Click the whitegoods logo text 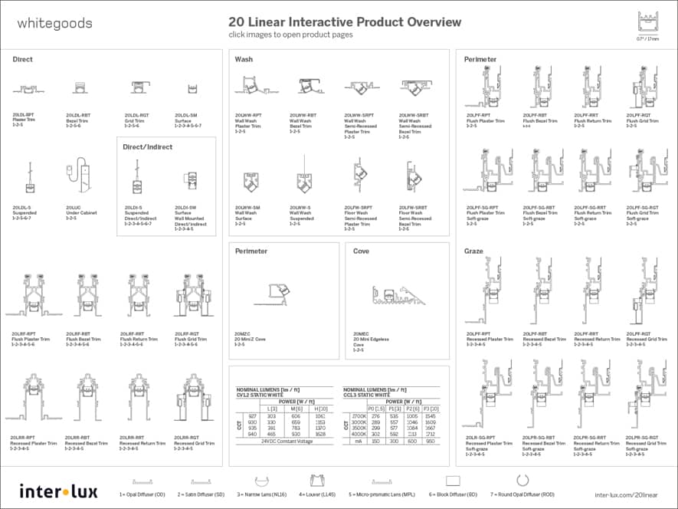(54, 23)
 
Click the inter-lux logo (59, 491)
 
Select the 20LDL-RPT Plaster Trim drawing (28, 89)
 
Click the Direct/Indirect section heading (148, 146)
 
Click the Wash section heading (244, 59)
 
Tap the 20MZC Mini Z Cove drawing (266, 295)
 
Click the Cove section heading (361, 251)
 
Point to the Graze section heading (473, 251)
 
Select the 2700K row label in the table (359, 416)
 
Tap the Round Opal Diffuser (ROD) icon (523, 481)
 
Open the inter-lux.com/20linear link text (626, 495)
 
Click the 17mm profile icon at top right (647, 22)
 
